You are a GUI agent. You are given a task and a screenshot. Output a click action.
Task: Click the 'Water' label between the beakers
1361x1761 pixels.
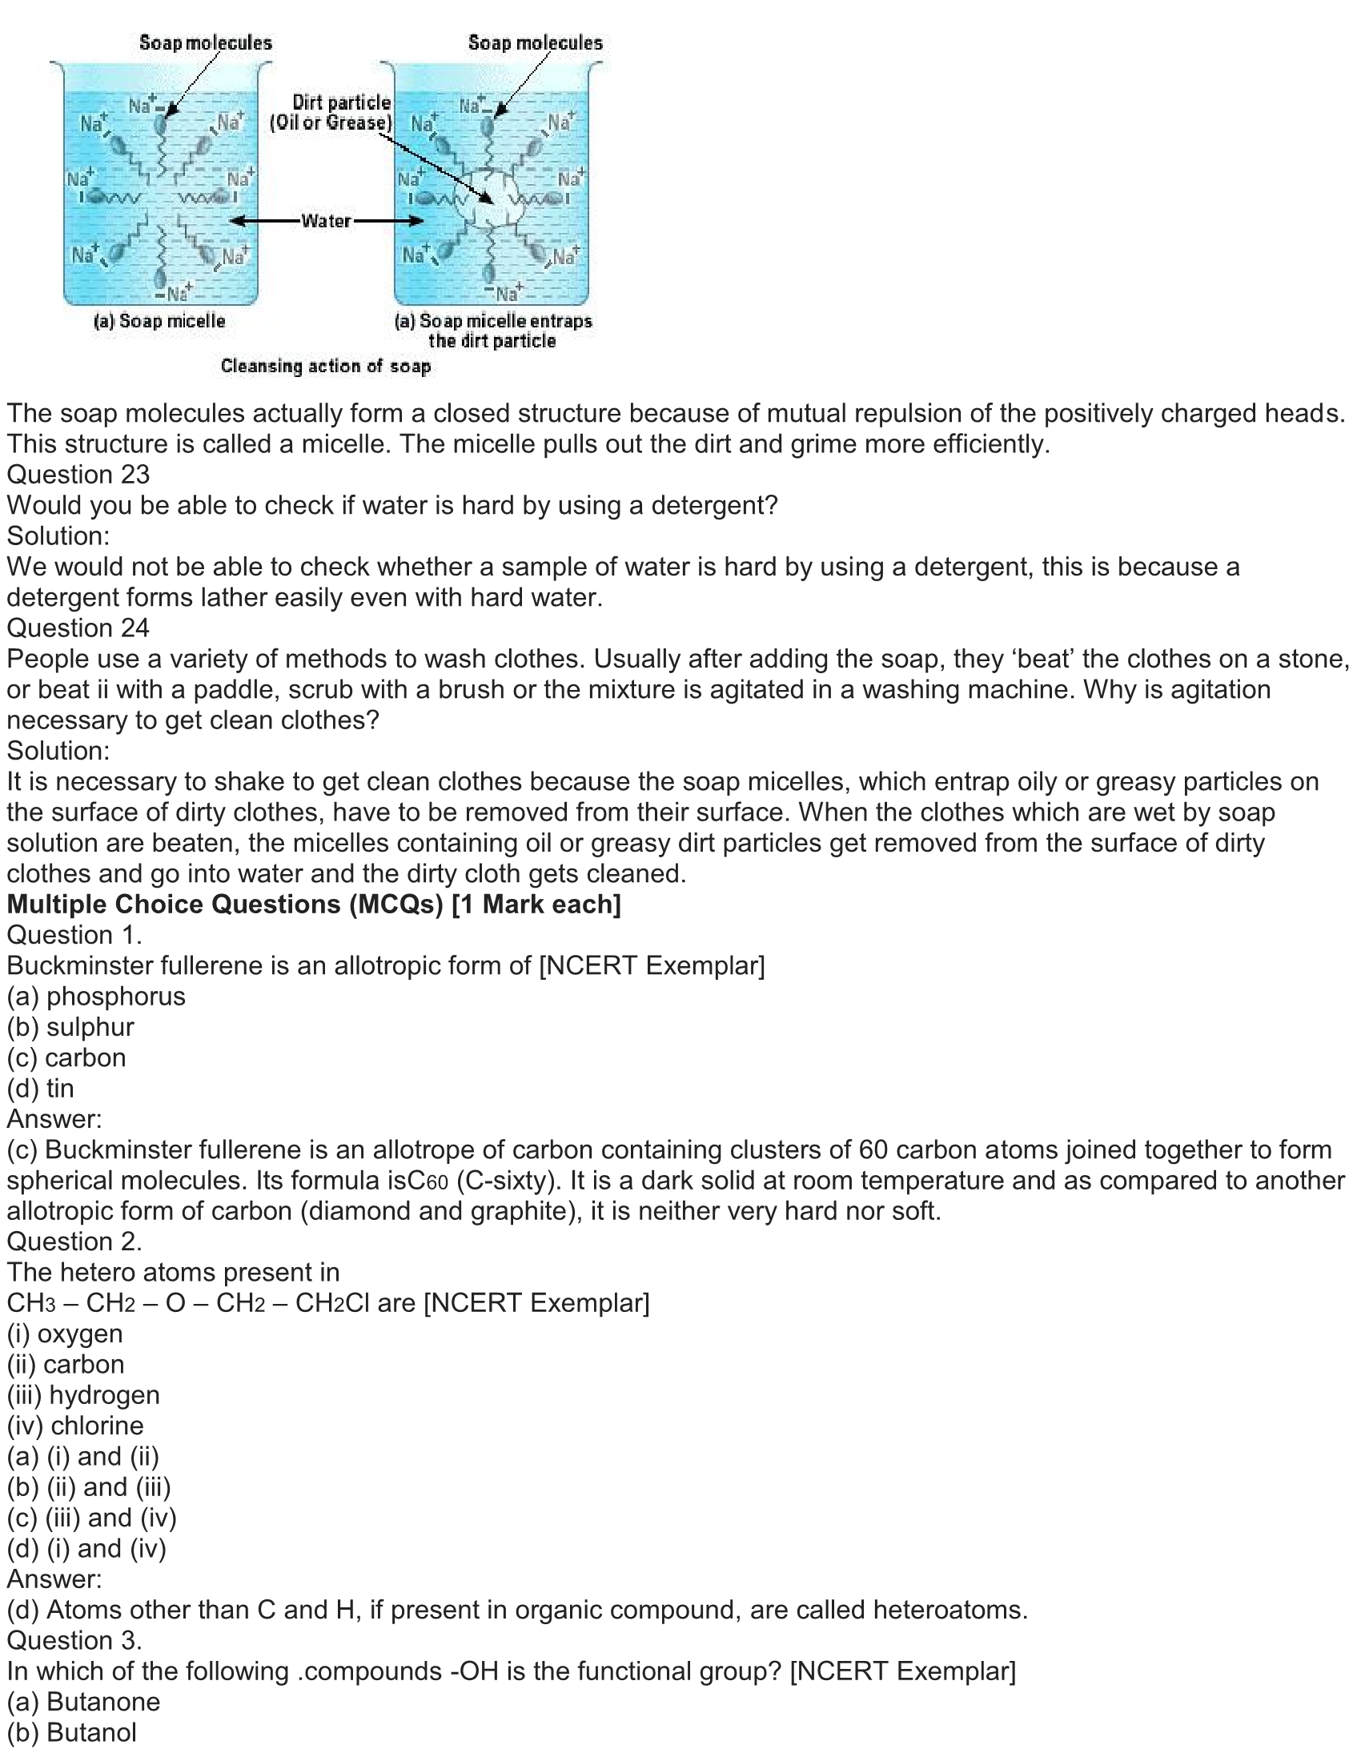(326, 221)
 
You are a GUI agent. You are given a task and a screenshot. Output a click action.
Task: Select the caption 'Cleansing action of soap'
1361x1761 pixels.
(326, 366)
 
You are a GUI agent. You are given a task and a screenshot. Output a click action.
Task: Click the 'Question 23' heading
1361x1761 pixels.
(78, 474)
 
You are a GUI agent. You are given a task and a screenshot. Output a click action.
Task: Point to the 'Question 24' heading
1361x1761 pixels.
(78, 628)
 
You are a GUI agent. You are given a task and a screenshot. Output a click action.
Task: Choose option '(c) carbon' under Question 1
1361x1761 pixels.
(66, 1057)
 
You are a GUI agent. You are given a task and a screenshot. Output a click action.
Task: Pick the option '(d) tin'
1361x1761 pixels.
(40, 1088)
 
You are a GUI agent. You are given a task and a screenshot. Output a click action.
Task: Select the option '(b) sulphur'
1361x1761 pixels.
(70, 1026)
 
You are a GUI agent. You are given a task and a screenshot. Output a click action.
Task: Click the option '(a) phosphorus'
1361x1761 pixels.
(96, 996)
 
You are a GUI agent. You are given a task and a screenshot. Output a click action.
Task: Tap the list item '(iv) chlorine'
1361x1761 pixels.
(75, 1426)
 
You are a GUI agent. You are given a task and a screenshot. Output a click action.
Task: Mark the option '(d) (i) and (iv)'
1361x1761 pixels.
(86, 1548)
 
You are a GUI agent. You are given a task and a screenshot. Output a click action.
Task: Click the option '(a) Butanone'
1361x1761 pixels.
(83, 1701)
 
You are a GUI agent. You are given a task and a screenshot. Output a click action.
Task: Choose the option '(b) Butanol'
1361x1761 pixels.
(72, 1732)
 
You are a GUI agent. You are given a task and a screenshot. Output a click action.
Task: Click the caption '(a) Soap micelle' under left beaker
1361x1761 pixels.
(159, 321)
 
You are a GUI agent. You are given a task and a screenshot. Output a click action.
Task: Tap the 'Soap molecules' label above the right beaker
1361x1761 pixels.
(536, 42)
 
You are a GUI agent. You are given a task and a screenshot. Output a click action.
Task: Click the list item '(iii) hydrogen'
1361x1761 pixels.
(83, 1395)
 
